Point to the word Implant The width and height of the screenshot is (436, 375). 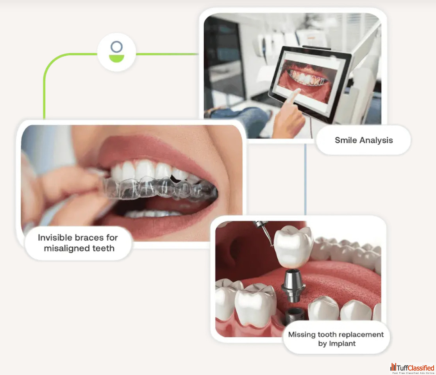pyautogui.click(x=342, y=344)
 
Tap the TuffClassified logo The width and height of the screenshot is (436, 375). pyautogui.click(x=413, y=368)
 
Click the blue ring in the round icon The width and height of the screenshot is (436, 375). pyautogui.click(x=116, y=47)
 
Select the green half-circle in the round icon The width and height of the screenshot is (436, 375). pyautogui.click(x=116, y=58)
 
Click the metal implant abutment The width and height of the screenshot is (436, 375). pyautogui.click(x=293, y=286)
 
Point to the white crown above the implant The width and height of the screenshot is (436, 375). pyautogui.click(x=293, y=246)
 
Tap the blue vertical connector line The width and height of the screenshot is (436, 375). pyautogui.click(x=305, y=179)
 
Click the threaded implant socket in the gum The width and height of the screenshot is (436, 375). pyautogui.click(x=295, y=316)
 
